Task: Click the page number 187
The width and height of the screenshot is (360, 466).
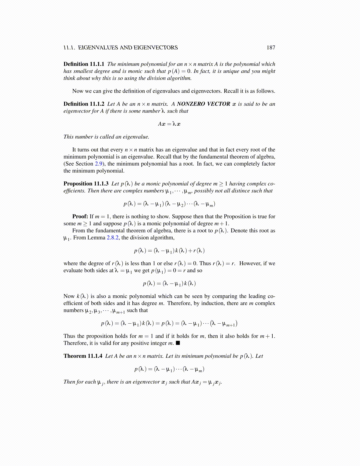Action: [271, 48]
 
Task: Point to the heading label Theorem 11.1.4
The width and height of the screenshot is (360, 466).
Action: [83, 356]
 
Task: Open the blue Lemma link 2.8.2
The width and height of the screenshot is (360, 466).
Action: [113, 238]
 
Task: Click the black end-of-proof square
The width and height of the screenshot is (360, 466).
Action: [178, 343]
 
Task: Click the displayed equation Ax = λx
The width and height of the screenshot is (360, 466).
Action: [169, 124]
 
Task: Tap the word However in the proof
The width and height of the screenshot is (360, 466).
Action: [250, 263]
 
